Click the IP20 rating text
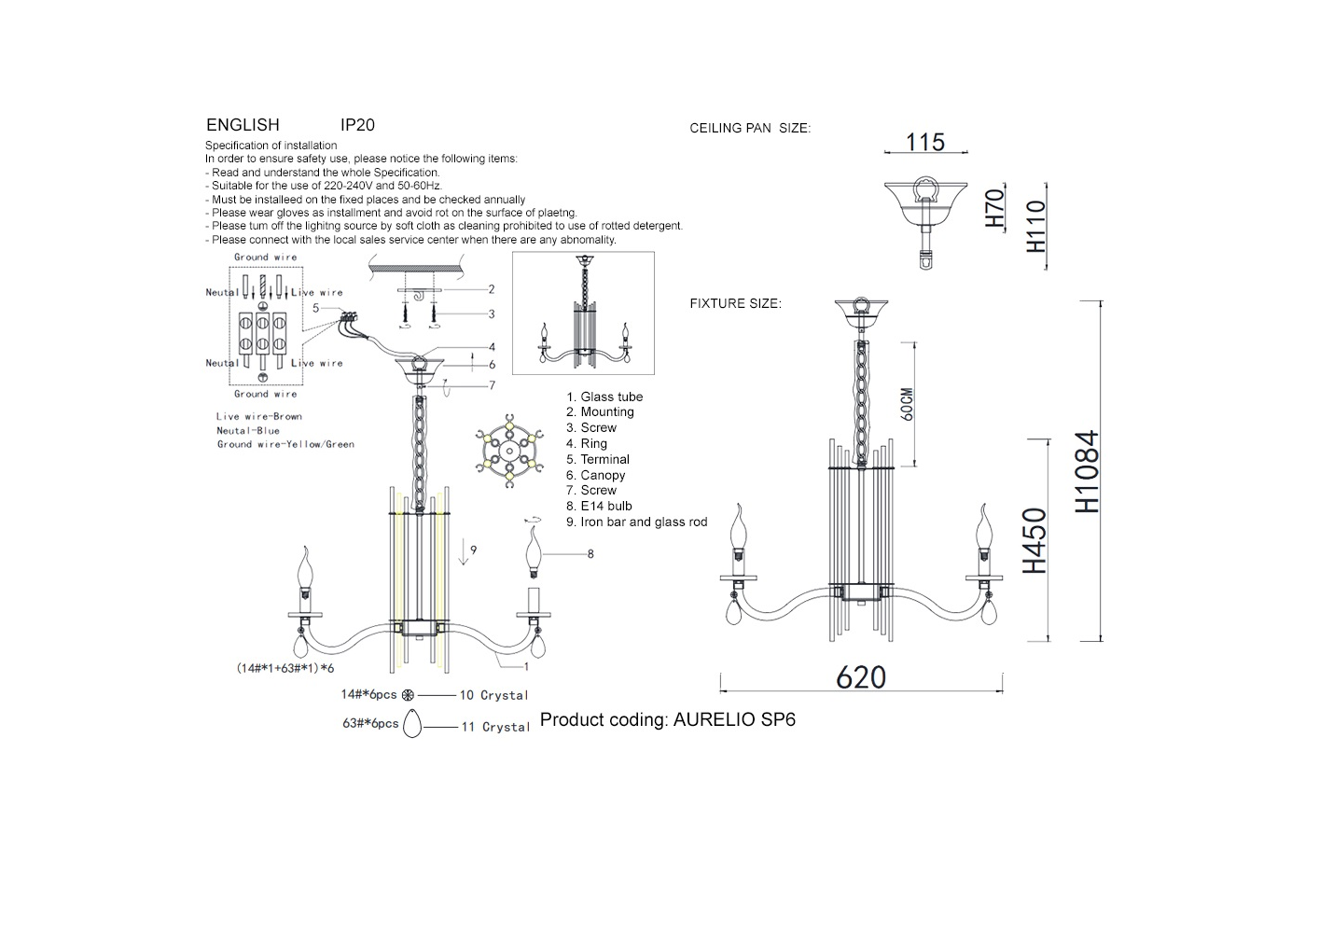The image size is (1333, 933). click(357, 125)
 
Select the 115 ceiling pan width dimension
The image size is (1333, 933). click(924, 142)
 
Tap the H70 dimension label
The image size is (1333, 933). click(995, 208)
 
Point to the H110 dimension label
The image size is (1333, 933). click(1036, 226)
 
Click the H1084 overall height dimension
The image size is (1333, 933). click(1087, 471)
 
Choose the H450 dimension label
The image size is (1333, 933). click(1034, 540)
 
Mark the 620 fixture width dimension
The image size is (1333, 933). click(861, 677)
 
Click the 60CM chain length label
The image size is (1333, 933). click(907, 405)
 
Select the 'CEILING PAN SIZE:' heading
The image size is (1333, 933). click(750, 128)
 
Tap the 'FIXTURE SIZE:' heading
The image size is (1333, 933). click(736, 303)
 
